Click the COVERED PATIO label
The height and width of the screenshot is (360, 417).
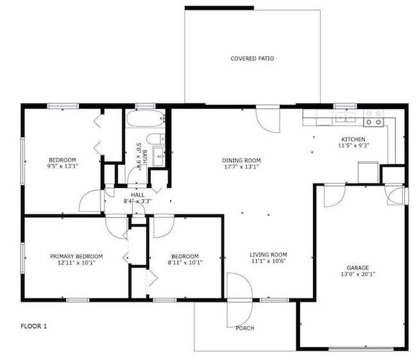pos(252,58)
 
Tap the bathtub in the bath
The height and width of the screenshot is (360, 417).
pos(145,119)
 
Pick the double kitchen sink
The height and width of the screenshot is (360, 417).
pos(345,117)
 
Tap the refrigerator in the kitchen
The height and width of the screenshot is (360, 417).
pos(368,171)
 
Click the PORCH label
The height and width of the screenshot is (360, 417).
pos(244,328)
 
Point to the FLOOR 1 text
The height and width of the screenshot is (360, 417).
pos(34,326)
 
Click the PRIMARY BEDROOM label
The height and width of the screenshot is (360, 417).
pos(76,256)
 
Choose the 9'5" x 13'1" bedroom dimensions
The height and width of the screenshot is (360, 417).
pos(63,166)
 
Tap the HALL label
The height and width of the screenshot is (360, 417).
pos(138,194)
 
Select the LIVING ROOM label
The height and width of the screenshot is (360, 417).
pos(268,255)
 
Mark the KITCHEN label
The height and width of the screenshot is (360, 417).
pos(353,139)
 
